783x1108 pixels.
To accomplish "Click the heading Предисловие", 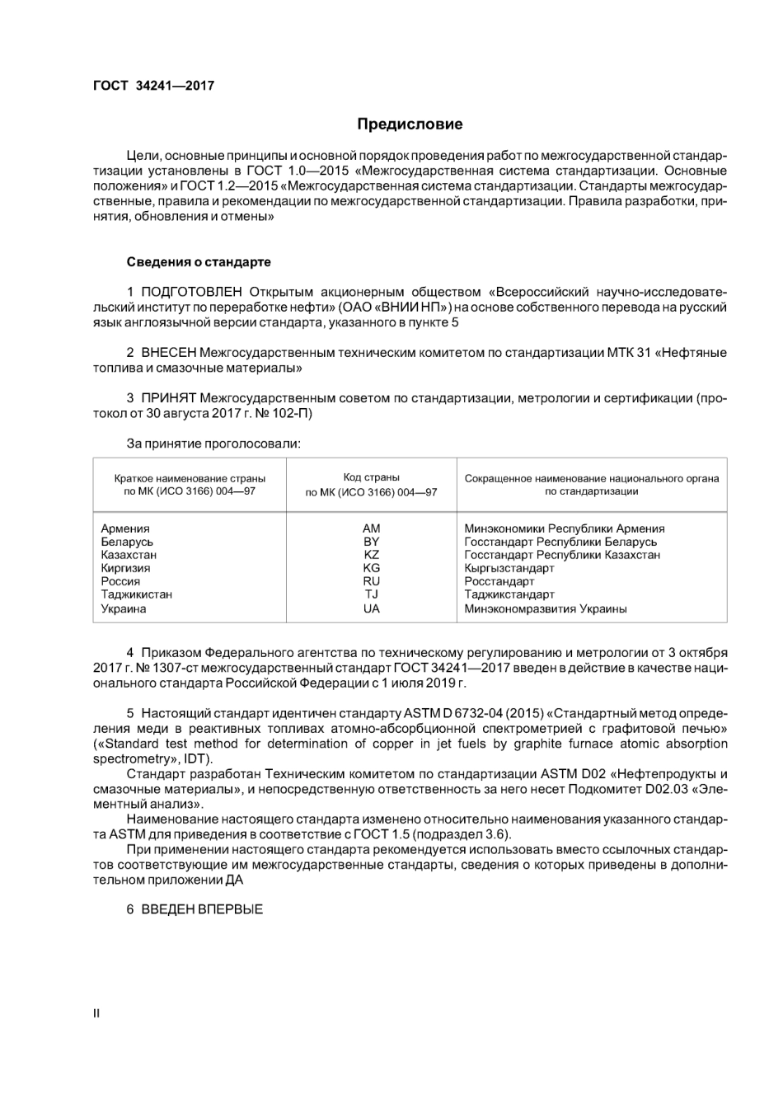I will click(410, 124).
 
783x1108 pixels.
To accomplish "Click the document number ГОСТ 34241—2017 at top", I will click(153, 85).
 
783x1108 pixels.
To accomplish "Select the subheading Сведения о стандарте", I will click(198, 262).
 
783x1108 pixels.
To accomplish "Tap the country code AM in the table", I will click(371, 528).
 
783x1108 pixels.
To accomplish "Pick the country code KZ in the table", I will click(371, 555).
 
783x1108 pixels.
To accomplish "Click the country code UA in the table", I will click(371, 608).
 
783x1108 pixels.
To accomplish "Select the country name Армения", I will click(125, 528).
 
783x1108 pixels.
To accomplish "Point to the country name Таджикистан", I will click(136, 594).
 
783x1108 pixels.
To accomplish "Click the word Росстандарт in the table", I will click(499, 581).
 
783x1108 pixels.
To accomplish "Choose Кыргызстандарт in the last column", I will click(509, 568).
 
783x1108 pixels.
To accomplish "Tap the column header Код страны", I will click(371, 477).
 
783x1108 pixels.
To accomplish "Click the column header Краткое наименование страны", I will click(190, 478).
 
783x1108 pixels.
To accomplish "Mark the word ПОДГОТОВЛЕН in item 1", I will click(191, 292).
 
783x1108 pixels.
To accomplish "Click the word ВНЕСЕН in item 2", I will click(169, 353).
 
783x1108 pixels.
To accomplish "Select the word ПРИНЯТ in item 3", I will click(168, 399).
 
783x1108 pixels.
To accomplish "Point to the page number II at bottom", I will click(96, 1013).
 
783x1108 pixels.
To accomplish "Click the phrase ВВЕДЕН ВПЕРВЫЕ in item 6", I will click(202, 909).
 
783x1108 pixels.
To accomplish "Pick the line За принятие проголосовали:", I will click(213, 444).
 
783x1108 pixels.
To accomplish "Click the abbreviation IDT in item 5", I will click(195, 758).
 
